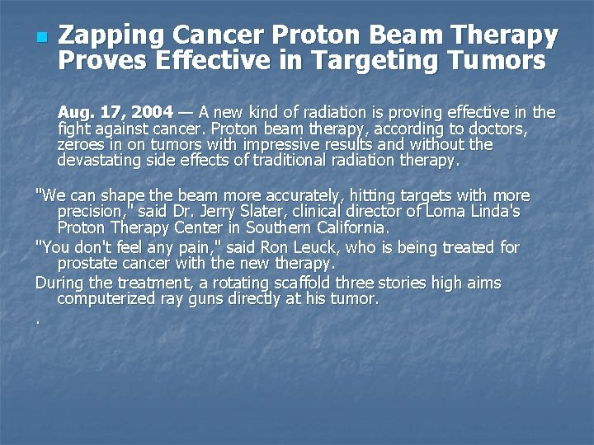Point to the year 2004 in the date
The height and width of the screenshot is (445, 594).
click(154, 112)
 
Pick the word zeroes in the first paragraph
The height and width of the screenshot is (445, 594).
click(78, 144)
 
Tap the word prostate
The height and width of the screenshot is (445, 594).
click(86, 264)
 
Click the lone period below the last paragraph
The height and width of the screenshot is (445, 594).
click(39, 320)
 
